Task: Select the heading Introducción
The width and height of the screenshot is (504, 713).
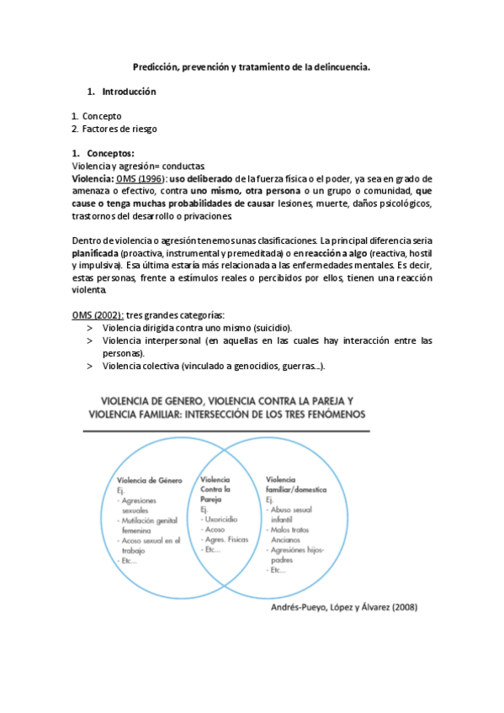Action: click(129, 91)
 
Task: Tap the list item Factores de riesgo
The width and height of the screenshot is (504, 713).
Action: click(119, 129)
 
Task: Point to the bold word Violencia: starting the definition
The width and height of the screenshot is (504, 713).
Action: click(92, 178)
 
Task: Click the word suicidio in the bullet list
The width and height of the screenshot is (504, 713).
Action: click(268, 327)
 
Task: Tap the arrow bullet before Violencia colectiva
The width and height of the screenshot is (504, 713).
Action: click(89, 366)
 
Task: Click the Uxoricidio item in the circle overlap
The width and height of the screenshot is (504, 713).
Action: click(223, 520)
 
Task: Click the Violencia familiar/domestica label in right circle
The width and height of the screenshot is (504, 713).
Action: click(296, 483)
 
